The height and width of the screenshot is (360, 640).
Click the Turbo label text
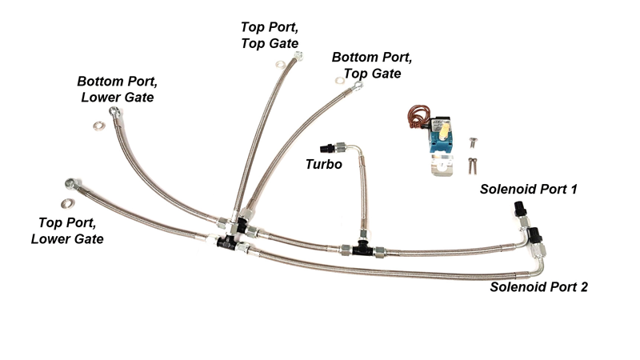click(x=324, y=164)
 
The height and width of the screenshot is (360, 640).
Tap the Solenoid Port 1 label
click(x=528, y=189)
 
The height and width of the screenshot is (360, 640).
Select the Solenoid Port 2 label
click(x=538, y=286)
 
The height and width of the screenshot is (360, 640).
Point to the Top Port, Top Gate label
click(x=270, y=35)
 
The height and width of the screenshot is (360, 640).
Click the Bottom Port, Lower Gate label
click(x=117, y=89)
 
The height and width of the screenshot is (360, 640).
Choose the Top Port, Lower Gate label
click(x=67, y=230)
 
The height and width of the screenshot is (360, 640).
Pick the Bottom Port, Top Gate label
click(x=372, y=66)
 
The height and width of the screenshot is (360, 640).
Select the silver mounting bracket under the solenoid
click(x=442, y=165)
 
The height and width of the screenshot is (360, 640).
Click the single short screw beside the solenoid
click(x=473, y=142)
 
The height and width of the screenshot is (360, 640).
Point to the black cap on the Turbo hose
click(x=326, y=147)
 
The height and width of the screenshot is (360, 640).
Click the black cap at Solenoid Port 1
click(x=518, y=208)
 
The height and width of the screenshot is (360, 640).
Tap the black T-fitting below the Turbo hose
click(x=362, y=248)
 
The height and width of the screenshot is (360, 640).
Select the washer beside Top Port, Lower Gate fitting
click(x=68, y=203)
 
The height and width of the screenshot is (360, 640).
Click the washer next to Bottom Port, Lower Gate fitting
click(x=98, y=126)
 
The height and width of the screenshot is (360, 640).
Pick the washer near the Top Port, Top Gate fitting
click(x=281, y=65)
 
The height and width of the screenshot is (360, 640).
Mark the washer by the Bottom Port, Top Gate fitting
click(x=339, y=81)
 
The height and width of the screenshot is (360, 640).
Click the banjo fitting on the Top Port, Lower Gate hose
click(x=72, y=184)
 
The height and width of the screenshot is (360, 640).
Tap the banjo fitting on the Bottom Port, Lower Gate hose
click(x=114, y=111)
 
